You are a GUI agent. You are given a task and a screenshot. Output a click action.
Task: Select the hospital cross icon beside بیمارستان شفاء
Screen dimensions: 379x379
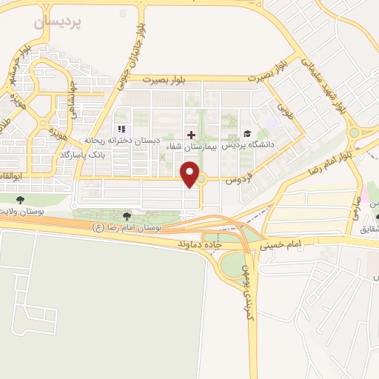[x=191, y=134]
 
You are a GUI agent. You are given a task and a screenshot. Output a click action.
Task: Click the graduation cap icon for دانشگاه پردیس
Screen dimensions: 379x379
[x=246, y=134]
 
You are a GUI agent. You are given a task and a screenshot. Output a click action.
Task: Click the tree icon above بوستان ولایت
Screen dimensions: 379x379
[x=20, y=199]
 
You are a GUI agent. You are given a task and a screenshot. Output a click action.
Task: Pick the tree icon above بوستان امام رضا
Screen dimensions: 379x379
[x=127, y=215]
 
